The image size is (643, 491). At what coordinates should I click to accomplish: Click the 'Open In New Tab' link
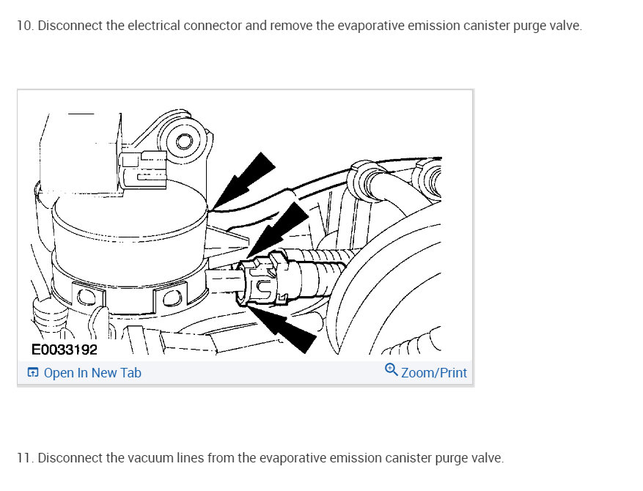(x=92, y=373)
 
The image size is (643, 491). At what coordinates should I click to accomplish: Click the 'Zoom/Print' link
(x=434, y=373)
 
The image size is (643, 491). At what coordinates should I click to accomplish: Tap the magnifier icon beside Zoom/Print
(x=392, y=369)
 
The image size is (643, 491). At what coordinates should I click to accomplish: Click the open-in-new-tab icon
(x=33, y=372)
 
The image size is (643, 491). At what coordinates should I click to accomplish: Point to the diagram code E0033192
(x=65, y=350)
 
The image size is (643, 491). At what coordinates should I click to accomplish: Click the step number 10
(x=25, y=26)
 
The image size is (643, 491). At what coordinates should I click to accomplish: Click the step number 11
(x=25, y=458)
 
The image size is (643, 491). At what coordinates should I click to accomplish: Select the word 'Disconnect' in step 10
(x=70, y=26)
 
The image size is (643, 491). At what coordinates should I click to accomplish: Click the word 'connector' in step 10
(x=213, y=26)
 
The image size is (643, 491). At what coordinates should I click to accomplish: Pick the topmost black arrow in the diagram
(x=243, y=181)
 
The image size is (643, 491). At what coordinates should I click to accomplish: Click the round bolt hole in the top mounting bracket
(x=184, y=142)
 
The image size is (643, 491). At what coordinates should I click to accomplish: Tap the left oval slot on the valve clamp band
(x=85, y=296)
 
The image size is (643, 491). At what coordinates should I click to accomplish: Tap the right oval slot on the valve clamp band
(x=172, y=298)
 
